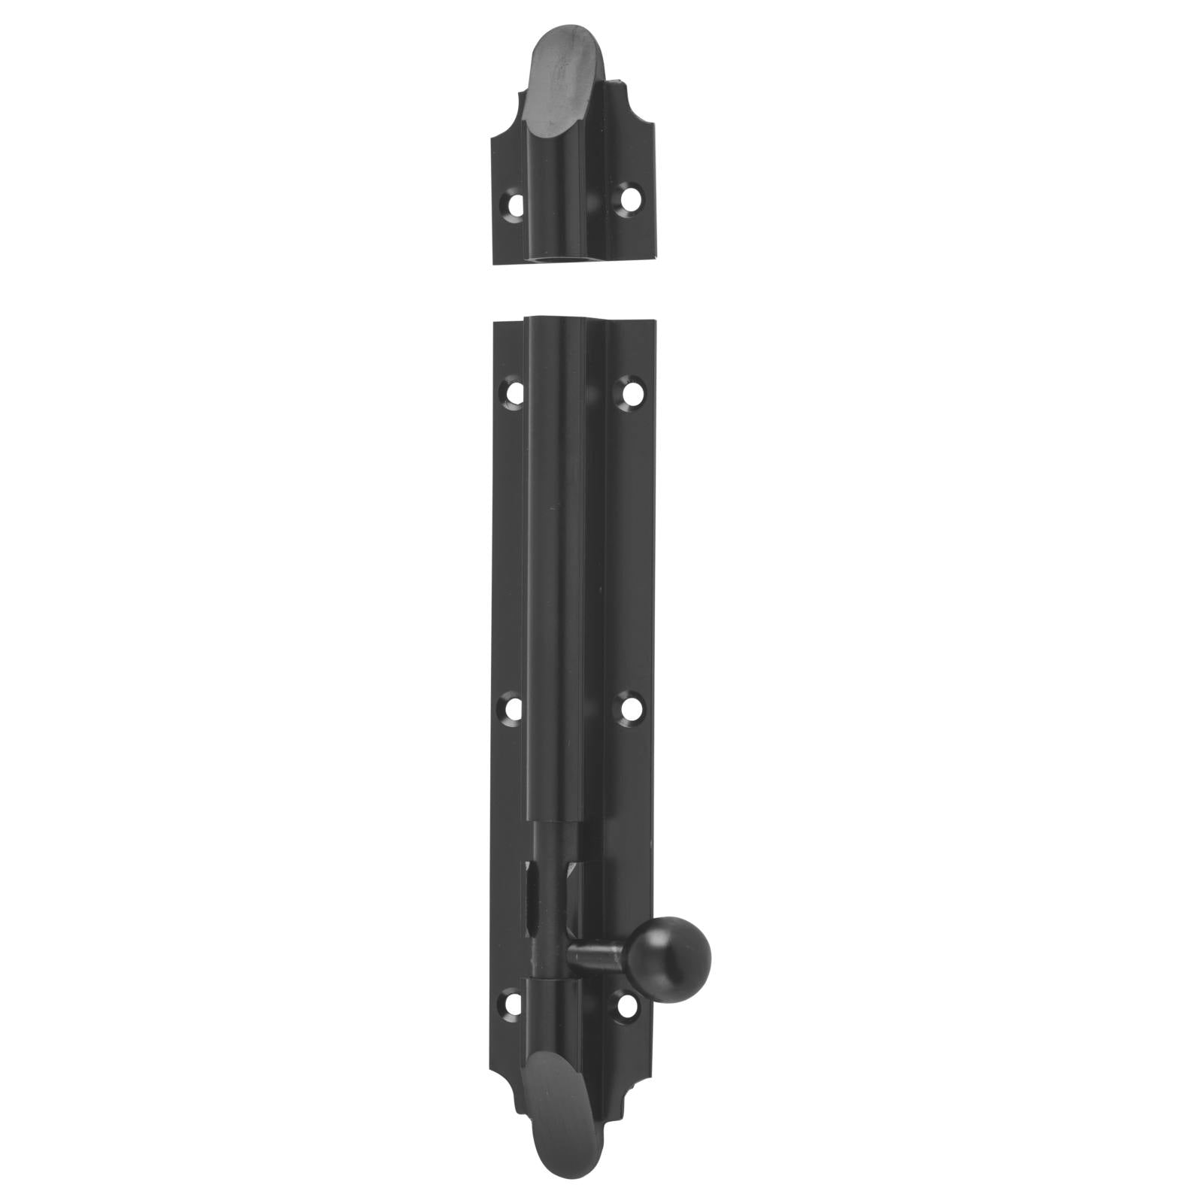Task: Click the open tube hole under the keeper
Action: pyautogui.click(x=557, y=260)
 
